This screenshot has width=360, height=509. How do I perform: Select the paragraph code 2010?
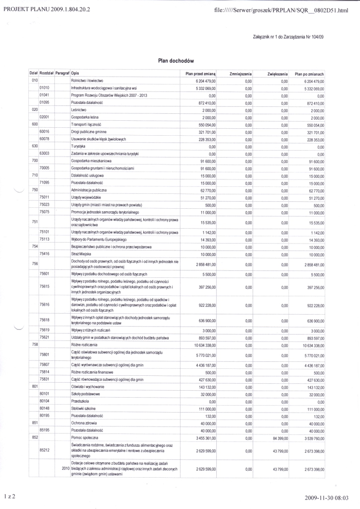coord(65,469)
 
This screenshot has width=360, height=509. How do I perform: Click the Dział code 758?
coord(35,344)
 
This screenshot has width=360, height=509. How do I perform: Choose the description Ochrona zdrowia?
coord(86,422)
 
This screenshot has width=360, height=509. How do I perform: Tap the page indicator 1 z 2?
coord(10,496)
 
